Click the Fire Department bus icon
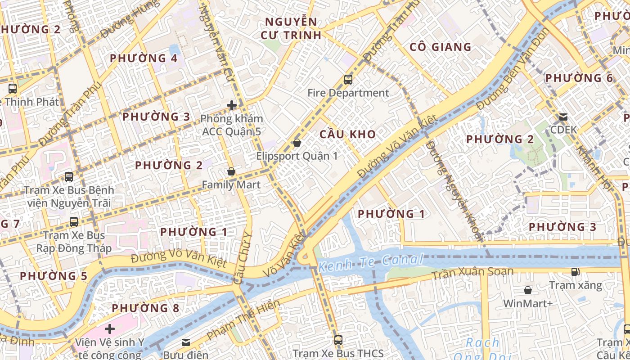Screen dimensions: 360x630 pyautogui.click(x=348, y=80)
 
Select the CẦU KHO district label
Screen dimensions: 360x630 pyautogui.click(x=347, y=134)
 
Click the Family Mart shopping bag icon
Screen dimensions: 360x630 pyautogui.click(x=231, y=171)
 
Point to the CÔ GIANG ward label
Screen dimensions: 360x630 pyautogui.click(x=440, y=47)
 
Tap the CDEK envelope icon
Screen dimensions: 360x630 pyautogui.click(x=563, y=117)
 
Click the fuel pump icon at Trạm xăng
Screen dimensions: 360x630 pyautogui.click(x=575, y=271)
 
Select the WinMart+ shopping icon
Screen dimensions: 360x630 pyautogui.click(x=527, y=290)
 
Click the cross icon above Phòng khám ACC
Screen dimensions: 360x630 pyautogui.click(x=231, y=105)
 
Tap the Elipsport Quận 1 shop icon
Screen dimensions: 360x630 pyautogui.click(x=297, y=143)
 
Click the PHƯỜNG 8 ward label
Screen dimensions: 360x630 pyautogui.click(x=145, y=308)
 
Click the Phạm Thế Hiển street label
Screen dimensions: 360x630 pyautogui.click(x=243, y=320)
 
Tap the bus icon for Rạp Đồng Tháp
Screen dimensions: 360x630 pyautogui.click(x=74, y=221)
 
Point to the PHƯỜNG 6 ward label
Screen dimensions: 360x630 pyautogui.click(x=579, y=78)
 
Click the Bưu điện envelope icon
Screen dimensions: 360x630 pyautogui.click(x=185, y=342)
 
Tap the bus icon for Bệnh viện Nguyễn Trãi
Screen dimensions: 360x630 pyautogui.click(x=69, y=177)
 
